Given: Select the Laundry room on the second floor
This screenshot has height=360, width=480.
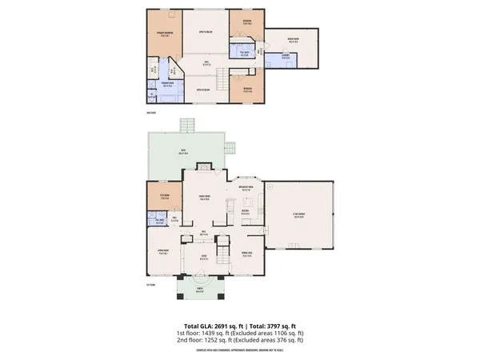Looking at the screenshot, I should point(286,55).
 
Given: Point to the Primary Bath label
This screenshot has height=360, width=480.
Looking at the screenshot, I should point(169,83).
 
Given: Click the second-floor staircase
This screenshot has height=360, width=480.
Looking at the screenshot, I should point(218,78).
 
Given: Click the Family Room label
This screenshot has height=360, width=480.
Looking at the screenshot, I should point(203,198).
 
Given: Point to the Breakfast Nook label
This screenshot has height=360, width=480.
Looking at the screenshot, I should point(246,189).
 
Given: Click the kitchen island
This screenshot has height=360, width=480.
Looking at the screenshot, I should point(230,210).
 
